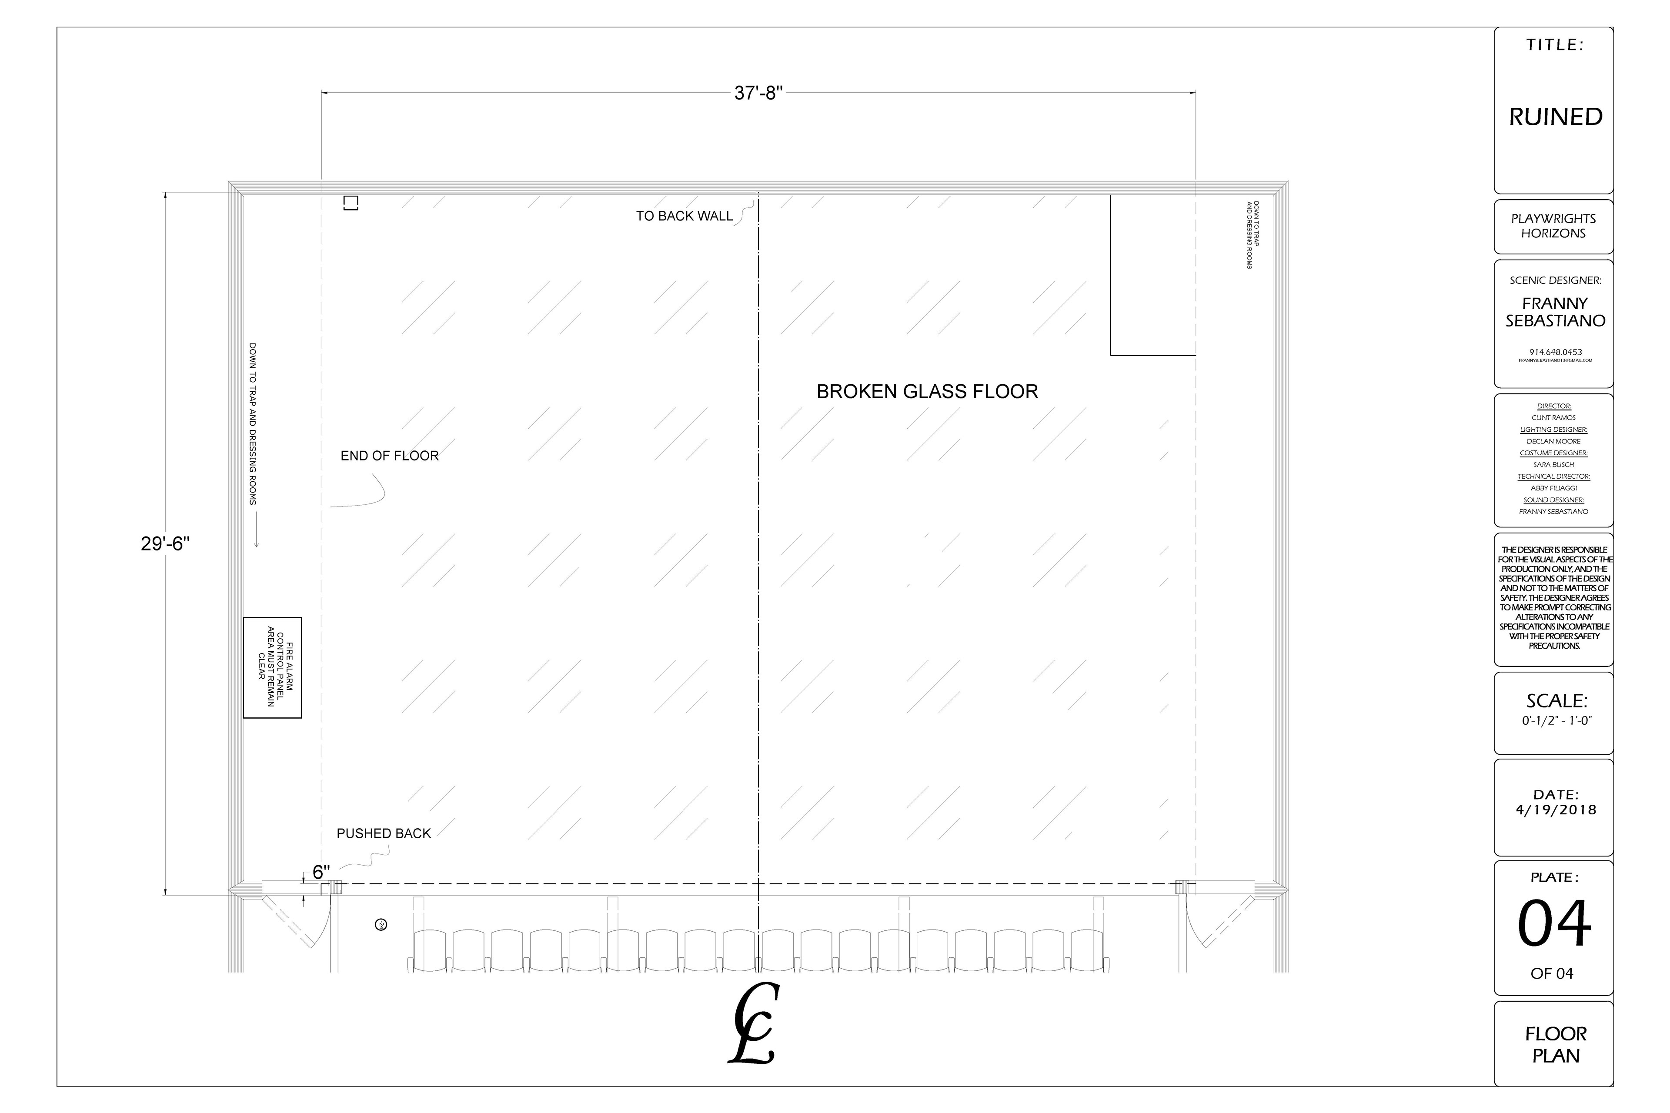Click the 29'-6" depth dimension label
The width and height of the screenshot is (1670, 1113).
tap(165, 544)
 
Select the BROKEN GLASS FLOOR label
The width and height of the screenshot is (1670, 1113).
tap(927, 392)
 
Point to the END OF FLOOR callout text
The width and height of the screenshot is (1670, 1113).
tap(389, 456)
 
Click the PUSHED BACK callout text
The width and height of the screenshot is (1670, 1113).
tap(384, 833)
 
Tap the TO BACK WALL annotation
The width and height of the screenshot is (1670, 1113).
tap(684, 216)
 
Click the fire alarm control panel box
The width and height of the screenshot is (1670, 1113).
tap(273, 667)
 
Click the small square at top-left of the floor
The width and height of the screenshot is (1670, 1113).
tap(351, 203)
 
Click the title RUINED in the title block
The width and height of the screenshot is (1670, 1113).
tap(1555, 117)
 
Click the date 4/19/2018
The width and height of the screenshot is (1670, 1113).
tap(1555, 810)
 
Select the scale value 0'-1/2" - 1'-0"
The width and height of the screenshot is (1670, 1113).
tap(1555, 720)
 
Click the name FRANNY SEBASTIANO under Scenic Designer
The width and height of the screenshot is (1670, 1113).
tap(1555, 312)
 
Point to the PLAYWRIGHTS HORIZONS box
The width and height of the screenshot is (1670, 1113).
tap(1553, 226)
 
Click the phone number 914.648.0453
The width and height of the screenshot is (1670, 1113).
tap(1555, 352)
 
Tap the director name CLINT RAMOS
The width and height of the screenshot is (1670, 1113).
tap(1553, 417)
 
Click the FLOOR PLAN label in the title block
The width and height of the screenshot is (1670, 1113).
tap(1555, 1044)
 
